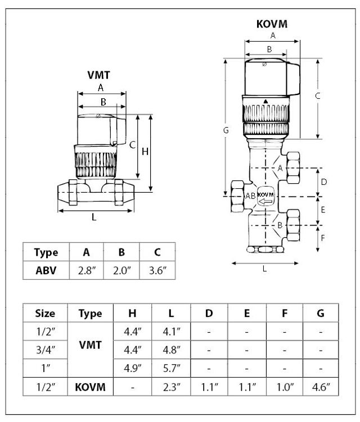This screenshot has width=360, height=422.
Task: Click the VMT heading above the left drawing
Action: [x=99, y=74]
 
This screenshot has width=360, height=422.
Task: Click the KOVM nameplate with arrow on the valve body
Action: [x=265, y=197]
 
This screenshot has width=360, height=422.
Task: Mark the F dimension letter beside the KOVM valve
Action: [x=323, y=237]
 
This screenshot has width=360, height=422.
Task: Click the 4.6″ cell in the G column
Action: [x=320, y=386]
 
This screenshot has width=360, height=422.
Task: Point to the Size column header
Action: [x=45, y=313]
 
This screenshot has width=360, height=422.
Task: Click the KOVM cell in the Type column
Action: [x=90, y=386]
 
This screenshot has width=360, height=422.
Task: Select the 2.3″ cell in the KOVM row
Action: [x=171, y=386]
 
